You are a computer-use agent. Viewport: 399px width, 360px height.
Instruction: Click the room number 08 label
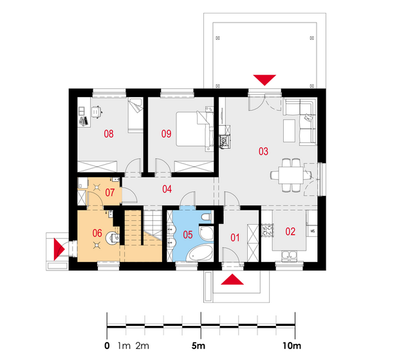[x=109, y=134]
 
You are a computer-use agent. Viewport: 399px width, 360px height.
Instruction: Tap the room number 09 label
[x=167, y=134]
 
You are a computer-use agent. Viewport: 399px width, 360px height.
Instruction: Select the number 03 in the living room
[x=263, y=151]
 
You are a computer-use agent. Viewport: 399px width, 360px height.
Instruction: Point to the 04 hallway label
[x=167, y=189]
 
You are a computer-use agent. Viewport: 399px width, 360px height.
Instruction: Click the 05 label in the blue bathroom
[x=188, y=234]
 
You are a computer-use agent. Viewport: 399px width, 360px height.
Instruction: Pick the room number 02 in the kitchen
[x=290, y=232]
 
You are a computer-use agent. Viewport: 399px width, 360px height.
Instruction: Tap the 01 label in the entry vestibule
[x=235, y=238]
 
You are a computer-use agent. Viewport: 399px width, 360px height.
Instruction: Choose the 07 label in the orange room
[x=110, y=193]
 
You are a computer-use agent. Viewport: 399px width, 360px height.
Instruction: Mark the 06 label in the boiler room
[x=97, y=233]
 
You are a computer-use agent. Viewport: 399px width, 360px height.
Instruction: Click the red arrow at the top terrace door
[x=264, y=79]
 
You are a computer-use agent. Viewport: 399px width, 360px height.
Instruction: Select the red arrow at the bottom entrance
[x=232, y=280]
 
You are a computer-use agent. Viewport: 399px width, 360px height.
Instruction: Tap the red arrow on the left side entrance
[x=58, y=249]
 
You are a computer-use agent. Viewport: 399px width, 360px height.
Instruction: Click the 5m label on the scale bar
[x=198, y=346]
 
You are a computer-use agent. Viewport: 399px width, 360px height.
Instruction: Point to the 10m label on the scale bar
[x=292, y=346]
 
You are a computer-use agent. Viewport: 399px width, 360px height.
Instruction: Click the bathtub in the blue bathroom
[x=199, y=253]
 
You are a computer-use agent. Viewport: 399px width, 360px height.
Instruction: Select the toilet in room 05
[x=205, y=218]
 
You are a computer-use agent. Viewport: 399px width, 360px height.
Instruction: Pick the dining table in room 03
[x=291, y=175]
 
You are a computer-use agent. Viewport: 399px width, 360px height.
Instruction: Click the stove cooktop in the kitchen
[x=267, y=231]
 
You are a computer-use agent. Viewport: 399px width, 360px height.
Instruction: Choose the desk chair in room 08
[x=96, y=111]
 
